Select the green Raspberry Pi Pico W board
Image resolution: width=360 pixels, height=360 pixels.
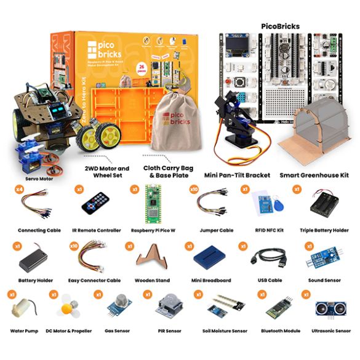(152, 207)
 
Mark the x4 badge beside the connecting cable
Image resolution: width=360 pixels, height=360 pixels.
(20, 190)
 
